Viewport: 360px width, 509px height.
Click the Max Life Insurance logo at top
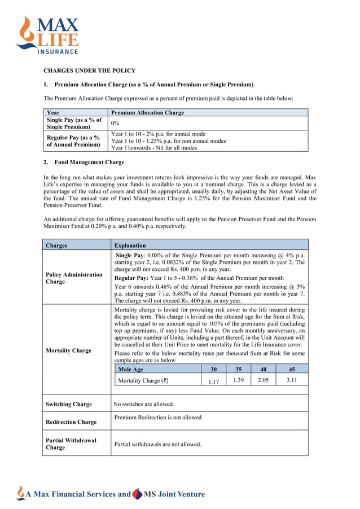point(48,36)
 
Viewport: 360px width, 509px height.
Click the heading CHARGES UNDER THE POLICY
point(90,71)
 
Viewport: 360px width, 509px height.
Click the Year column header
point(53,113)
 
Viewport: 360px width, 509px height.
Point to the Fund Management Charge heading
point(89,163)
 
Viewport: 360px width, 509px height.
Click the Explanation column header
point(130,245)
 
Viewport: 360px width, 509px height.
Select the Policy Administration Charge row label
point(74,278)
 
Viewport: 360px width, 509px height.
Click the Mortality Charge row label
point(68,350)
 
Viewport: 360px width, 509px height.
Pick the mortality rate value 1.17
point(213,381)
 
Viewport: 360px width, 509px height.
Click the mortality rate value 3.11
point(291,380)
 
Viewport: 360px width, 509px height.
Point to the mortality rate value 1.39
point(239,380)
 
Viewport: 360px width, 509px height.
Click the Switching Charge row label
point(68,404)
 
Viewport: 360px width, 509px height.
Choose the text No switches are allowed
point(144,404)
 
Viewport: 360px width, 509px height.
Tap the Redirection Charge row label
point(71,422)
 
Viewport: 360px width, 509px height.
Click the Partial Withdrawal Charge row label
point(71,444)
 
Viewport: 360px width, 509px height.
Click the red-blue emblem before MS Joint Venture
point(137,494)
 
